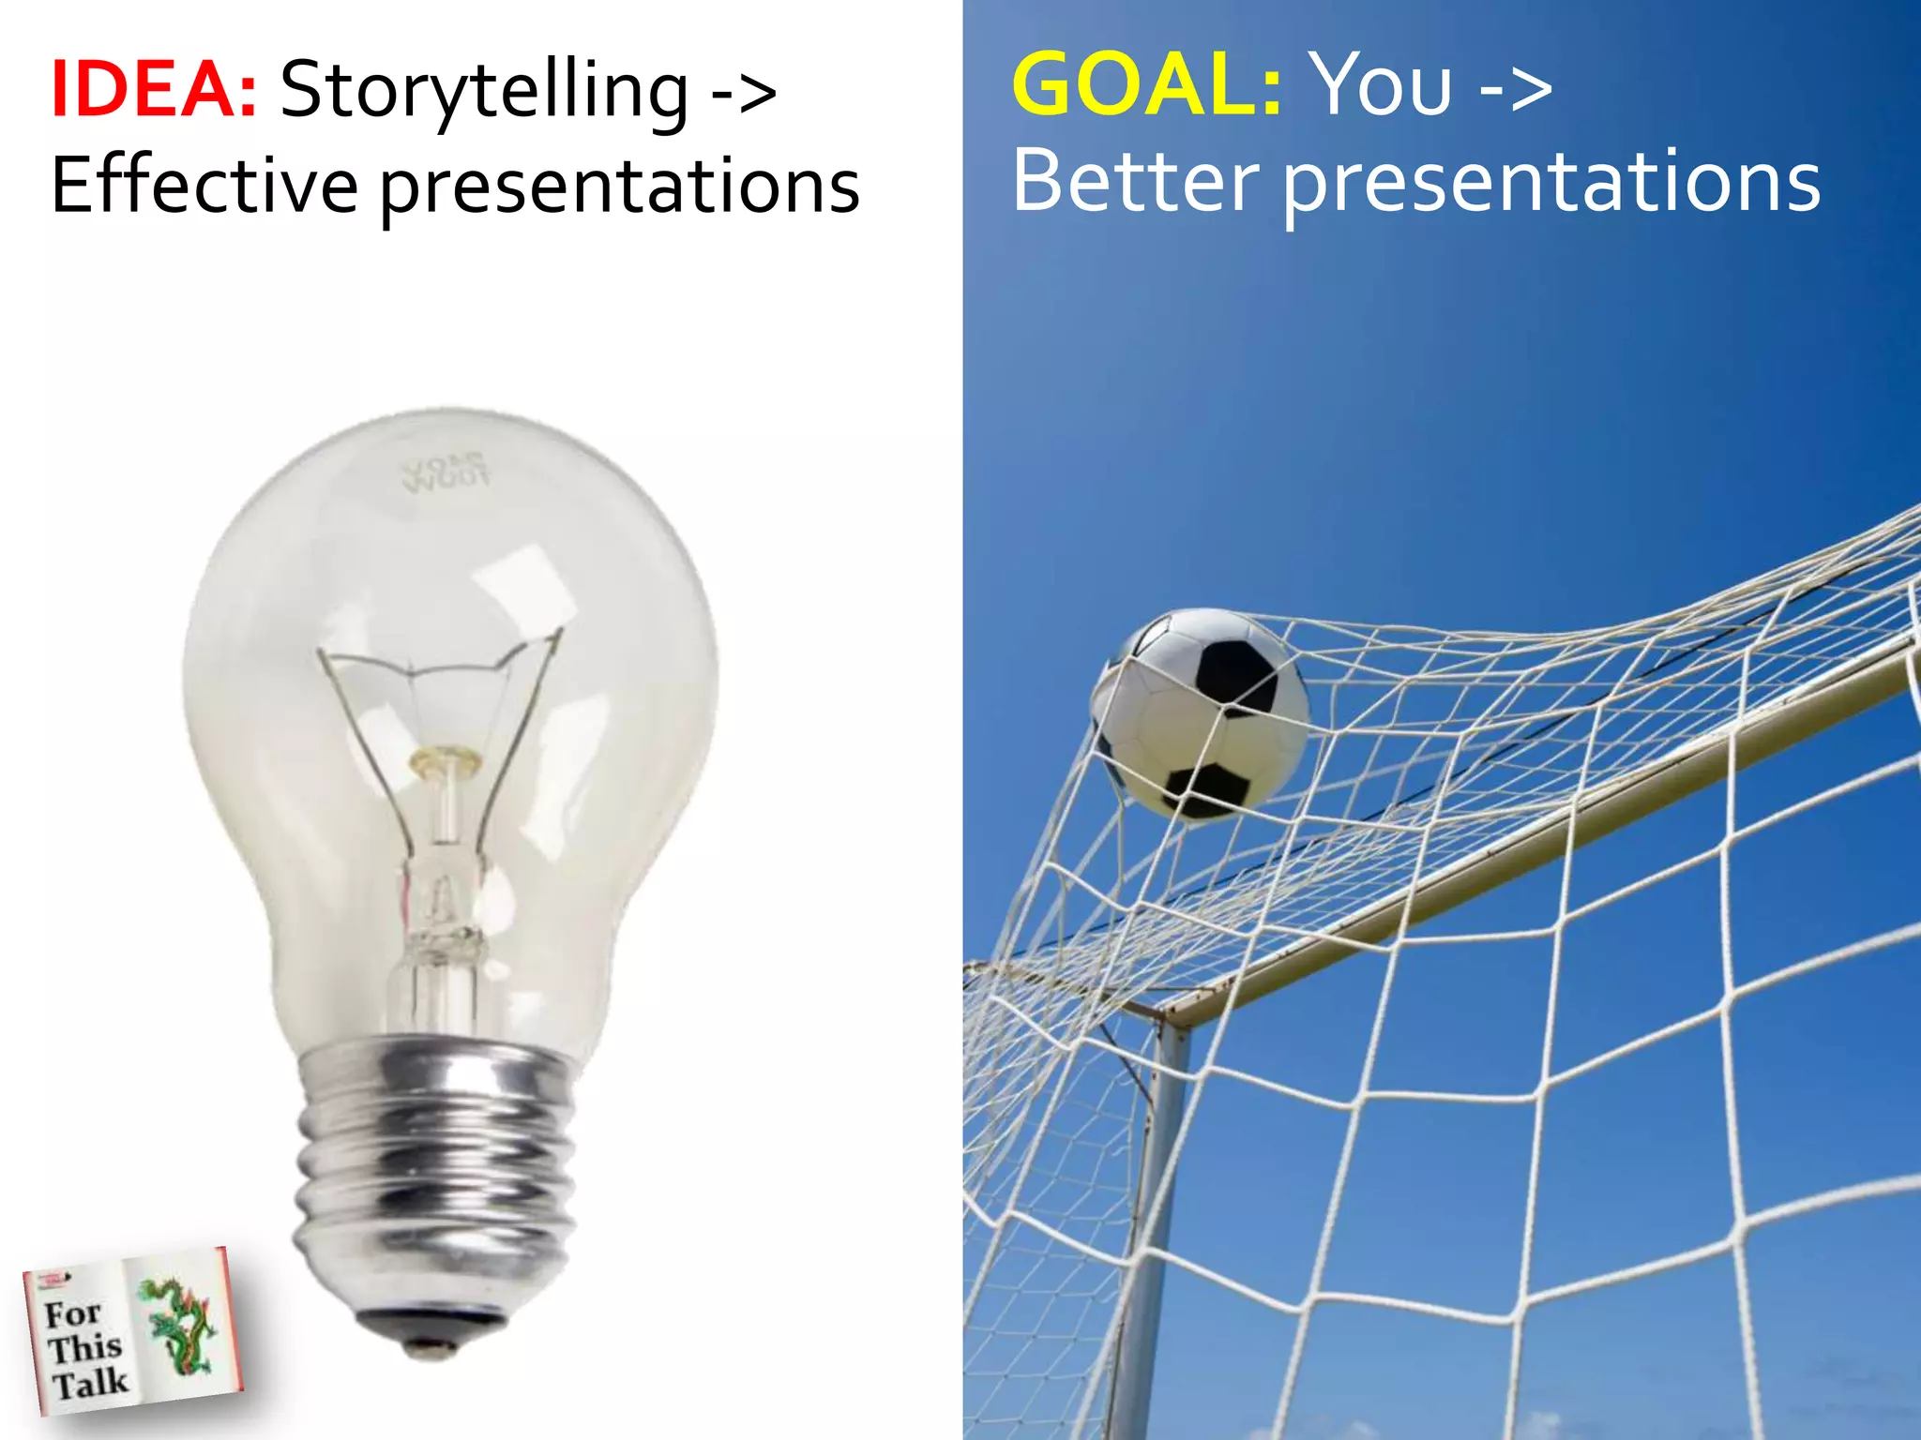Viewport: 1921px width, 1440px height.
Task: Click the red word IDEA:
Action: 153,90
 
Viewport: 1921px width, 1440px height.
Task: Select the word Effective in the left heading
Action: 204,186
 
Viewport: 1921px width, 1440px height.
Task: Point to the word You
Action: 1381,85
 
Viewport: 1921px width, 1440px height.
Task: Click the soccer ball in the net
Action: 1200,712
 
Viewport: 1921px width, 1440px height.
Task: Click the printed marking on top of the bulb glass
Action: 445,472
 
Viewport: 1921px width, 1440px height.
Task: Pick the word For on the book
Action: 72,1313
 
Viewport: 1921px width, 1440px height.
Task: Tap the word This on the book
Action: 84,1348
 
